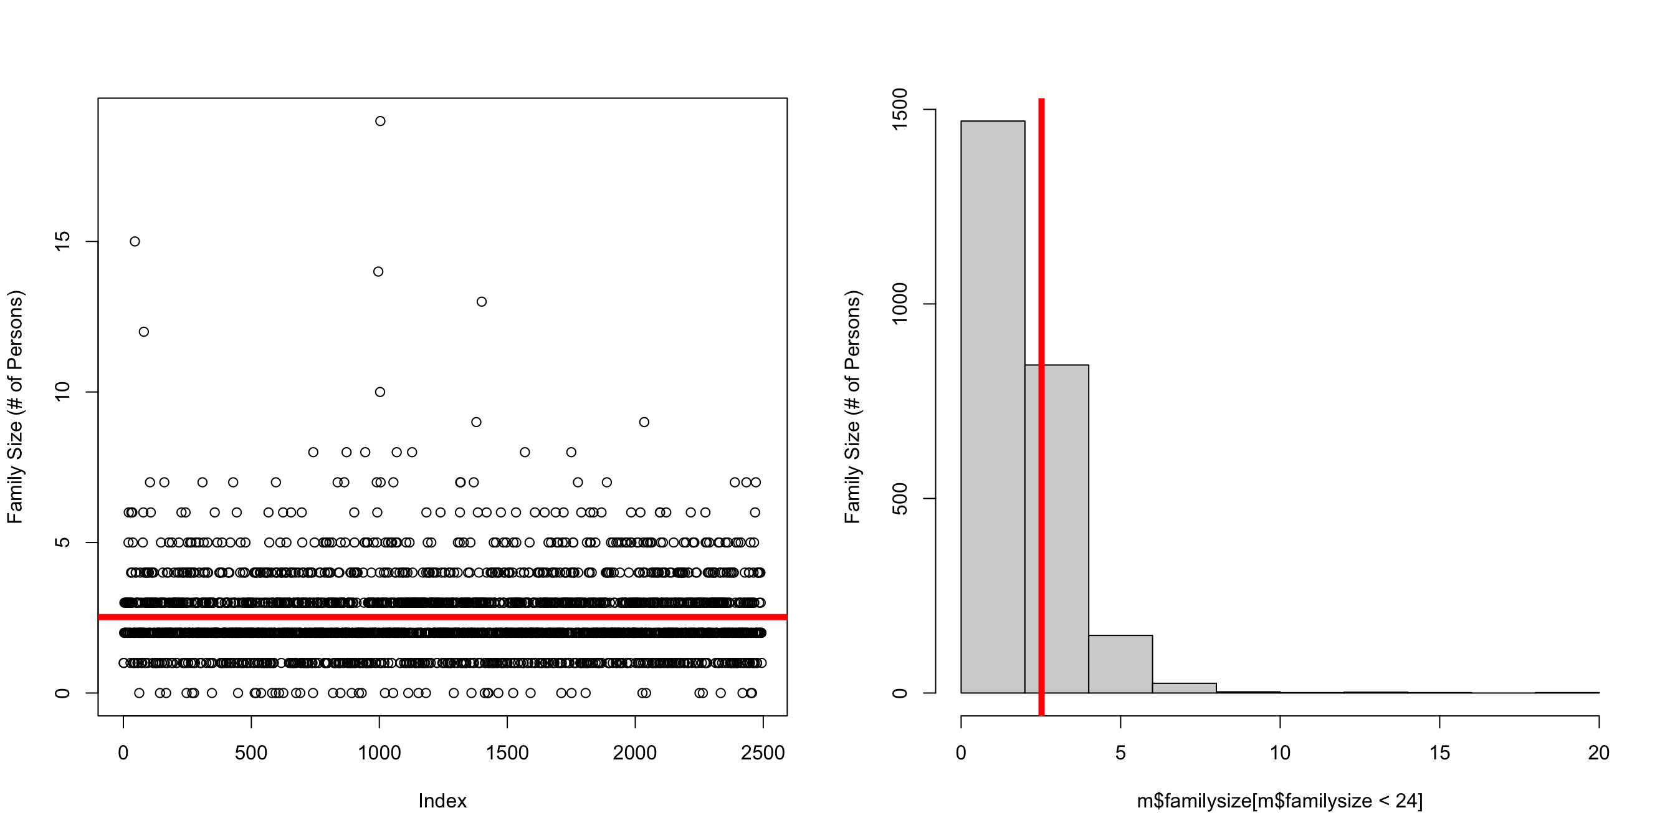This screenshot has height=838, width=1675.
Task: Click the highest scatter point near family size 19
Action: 380,121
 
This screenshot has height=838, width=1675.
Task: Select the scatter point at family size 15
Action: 135,241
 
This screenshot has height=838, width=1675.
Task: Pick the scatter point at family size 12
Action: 144,332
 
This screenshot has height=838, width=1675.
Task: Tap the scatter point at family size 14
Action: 378,271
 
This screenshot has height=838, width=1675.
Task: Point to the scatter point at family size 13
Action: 481,302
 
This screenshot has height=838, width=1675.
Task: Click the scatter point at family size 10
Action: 379,392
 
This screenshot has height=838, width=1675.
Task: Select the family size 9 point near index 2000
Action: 644,422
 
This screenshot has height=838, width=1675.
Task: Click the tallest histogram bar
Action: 992,403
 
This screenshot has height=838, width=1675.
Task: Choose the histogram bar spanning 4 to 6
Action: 1120,663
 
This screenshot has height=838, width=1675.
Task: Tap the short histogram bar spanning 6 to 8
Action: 1183,688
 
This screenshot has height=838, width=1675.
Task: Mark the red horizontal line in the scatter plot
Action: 442,617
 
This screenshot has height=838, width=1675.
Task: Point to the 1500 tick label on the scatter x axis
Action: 507,753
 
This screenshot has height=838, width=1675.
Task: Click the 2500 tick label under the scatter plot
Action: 762,753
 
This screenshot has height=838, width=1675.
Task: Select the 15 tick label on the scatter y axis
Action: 62,241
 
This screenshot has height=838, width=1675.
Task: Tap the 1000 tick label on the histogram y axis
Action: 899,304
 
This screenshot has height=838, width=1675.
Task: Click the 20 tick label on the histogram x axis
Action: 1598,753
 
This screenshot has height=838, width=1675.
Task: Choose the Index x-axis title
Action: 442,801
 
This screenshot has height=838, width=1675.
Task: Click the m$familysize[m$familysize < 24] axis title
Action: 1279,801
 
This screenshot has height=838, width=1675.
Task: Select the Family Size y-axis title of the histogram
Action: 852,407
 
